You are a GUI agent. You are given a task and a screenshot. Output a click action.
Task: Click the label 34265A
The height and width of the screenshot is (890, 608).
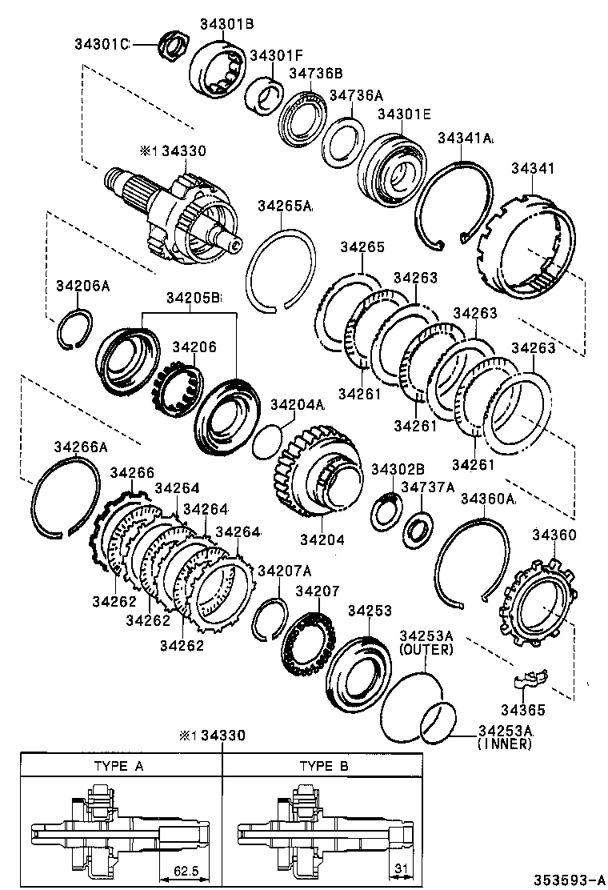[285, 206]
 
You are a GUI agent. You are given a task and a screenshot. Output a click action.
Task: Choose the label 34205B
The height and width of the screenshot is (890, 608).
[193, 298]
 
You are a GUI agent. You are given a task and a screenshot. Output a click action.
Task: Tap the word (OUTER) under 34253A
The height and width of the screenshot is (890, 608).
[426, 650]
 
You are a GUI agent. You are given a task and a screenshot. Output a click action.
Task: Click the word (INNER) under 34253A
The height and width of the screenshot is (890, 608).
[505, 744]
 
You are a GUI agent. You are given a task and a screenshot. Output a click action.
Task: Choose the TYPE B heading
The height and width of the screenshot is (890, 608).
[324, 766]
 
